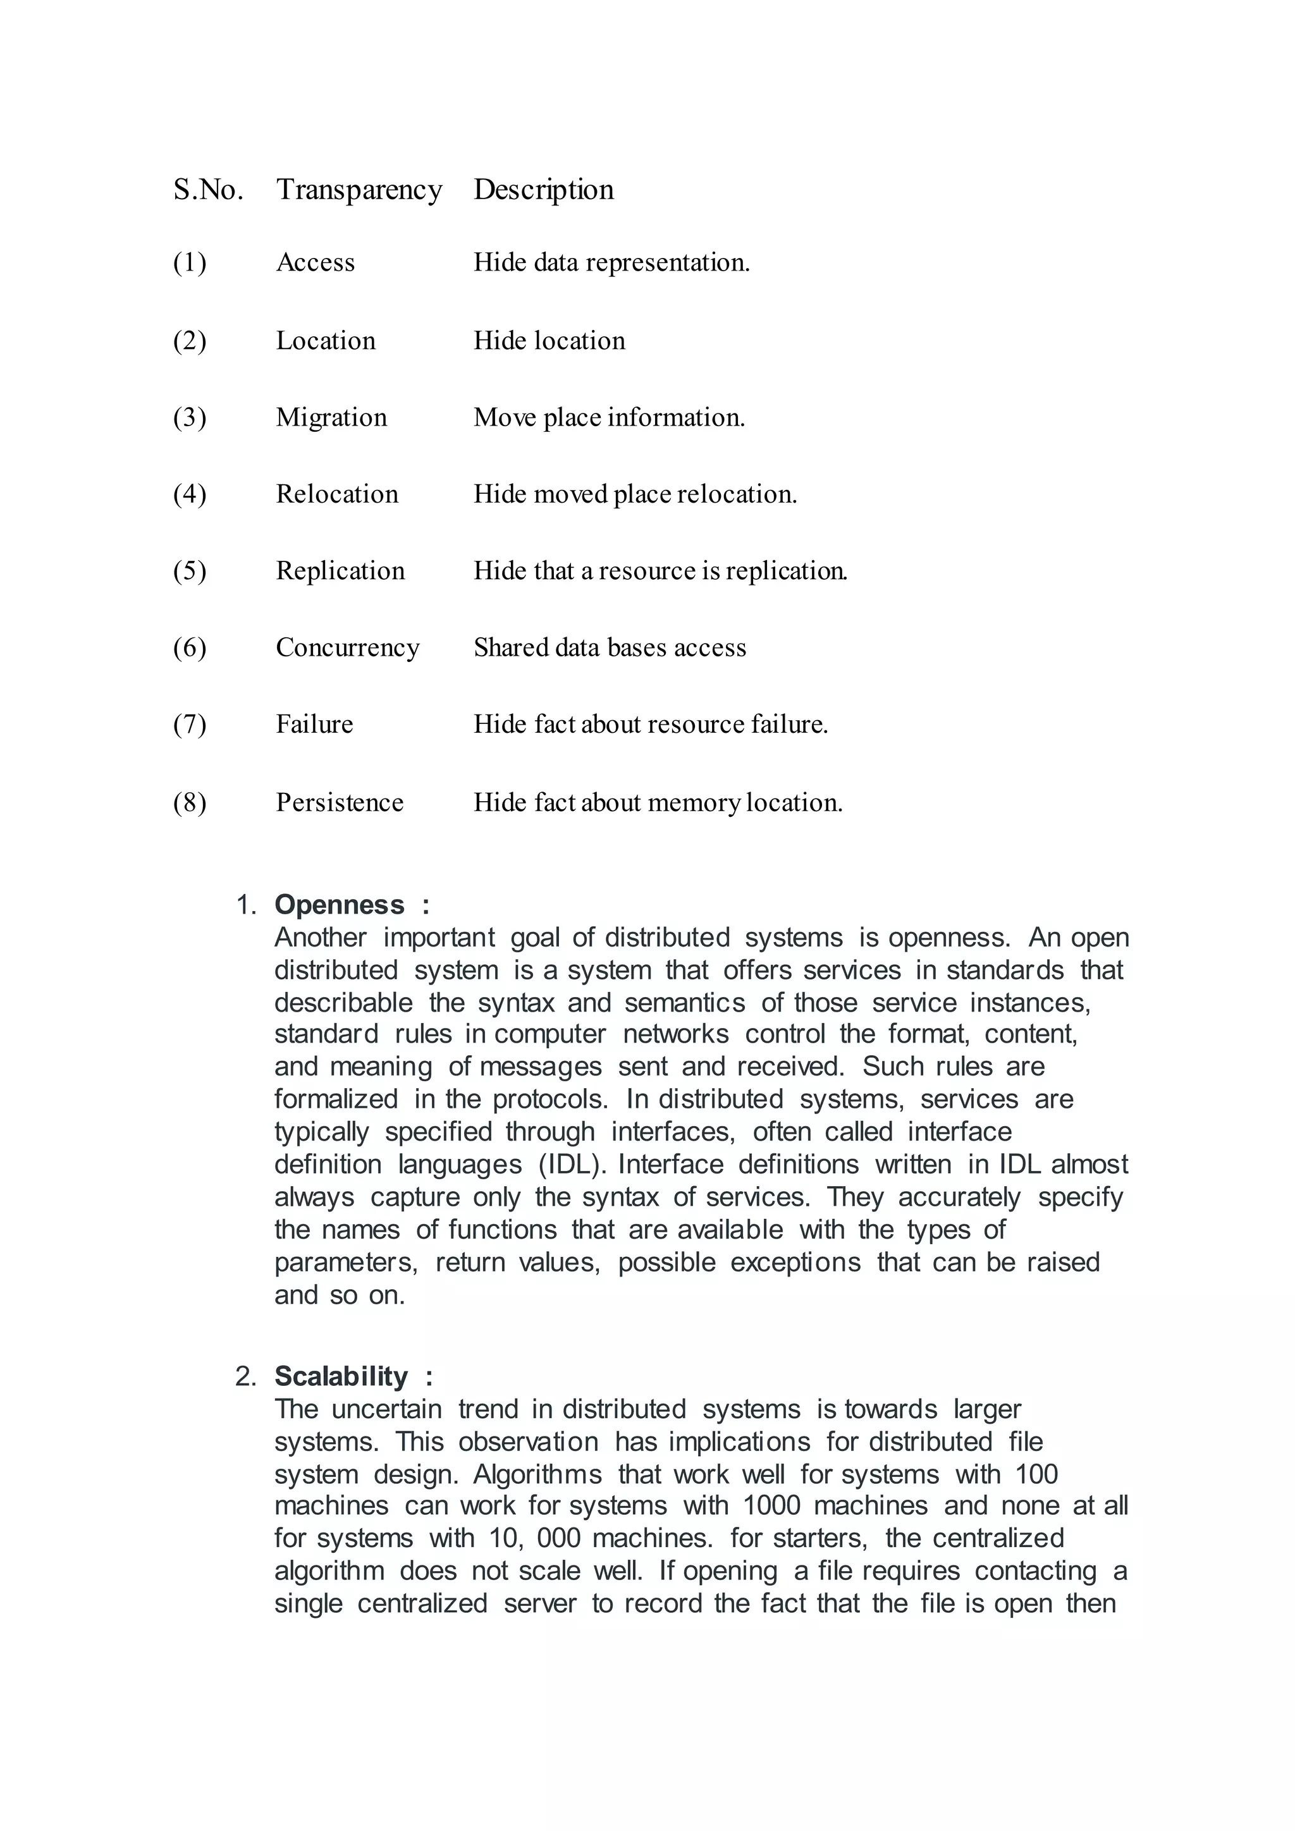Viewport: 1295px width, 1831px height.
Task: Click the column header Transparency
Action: [359, 190]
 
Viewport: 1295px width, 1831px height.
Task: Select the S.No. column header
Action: [208, 190]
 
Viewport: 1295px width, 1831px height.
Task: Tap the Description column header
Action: [543, 190]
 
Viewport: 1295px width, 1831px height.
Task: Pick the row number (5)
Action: [190, 571]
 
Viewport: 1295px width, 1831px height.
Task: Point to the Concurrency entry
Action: [347, 647]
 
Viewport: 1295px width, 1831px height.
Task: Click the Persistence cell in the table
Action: [339, 802]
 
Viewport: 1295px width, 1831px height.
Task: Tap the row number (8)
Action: [190, 802]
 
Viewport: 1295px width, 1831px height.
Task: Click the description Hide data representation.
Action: [611, 262]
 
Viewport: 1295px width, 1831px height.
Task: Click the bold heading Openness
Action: [340, 905]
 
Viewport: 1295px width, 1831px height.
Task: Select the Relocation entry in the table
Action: [336, 494]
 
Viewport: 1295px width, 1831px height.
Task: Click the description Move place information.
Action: [608, 417]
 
